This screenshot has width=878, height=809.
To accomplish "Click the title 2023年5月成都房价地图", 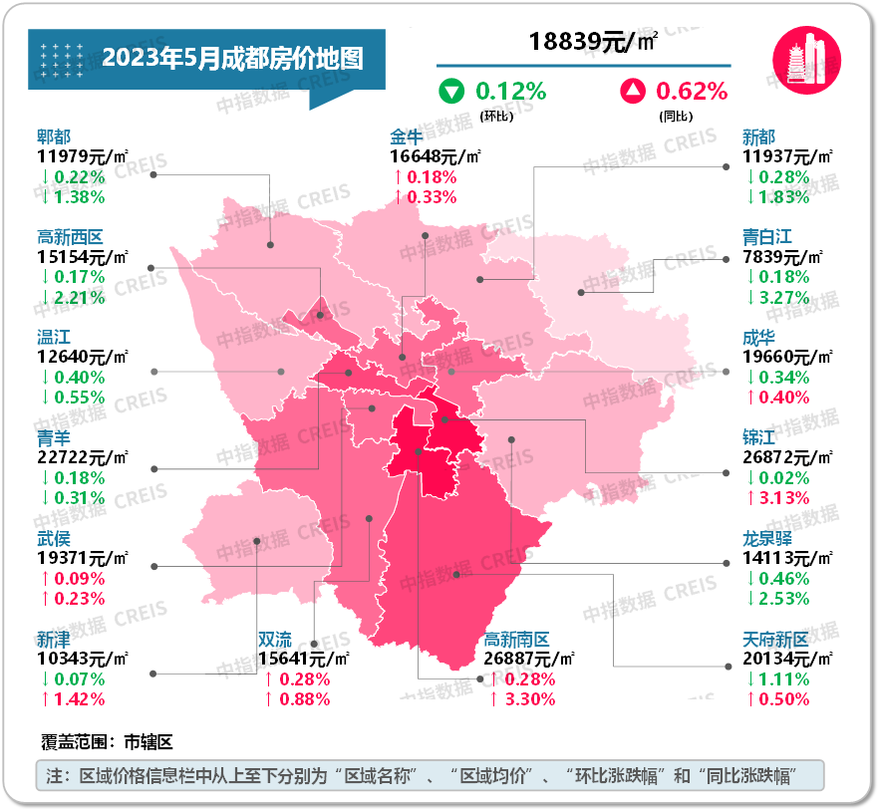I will click(231, 58).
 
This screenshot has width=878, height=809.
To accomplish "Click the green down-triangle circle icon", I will click(452, 92).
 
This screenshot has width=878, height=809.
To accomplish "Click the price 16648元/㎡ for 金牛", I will click(437, 156).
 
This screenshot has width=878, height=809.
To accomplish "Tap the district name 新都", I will click(758, 136).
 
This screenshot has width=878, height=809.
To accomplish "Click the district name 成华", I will click(758, 337).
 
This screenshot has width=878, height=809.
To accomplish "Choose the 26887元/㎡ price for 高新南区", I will click(530, 659).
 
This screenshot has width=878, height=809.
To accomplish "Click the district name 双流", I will click(275, 639).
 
